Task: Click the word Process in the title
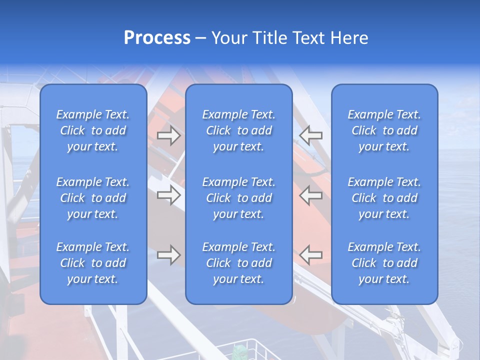157,38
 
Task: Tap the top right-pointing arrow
168,135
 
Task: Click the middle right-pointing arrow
168,195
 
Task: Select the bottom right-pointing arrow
168,255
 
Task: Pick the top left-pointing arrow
311,135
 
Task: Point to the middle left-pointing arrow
311,195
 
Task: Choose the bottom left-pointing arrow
311,255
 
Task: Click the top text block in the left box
93,130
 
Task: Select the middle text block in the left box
93,198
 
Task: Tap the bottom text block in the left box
93,263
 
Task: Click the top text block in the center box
238,130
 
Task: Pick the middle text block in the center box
238,198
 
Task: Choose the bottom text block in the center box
238,263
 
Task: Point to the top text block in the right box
384,130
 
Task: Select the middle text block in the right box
384,198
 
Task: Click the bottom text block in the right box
384,263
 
